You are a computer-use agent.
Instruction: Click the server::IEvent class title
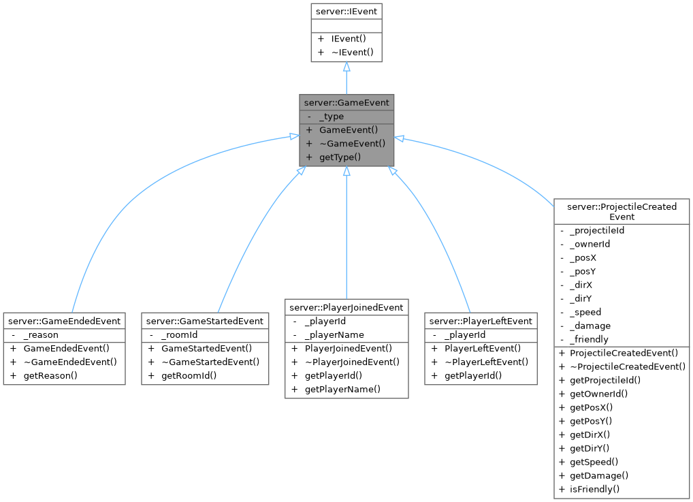(x=346, y=11)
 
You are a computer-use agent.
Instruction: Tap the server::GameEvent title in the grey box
(x=346, y=103)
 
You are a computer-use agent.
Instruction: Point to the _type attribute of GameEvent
(x=332, y=116)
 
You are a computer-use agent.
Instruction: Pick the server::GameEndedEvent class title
(x=64, y=321)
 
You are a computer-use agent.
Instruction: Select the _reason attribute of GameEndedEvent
(x=41, y=334)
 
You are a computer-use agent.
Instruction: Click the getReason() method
(x=50, y=375)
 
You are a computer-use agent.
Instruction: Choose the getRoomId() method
(x=189, y=375)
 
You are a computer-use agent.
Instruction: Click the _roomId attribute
(x=180, y=334)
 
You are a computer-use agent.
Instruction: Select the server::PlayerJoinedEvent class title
(x=346, y=307)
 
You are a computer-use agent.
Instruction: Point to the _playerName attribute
(x=334, y=334)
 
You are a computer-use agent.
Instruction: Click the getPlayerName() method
(x=342, y=389)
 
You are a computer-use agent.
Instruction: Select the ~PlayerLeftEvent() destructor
(x=486, y=362)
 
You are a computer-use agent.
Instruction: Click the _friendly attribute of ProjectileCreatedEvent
(x=589, y=339)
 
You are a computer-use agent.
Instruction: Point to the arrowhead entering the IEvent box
(x=346, y=67)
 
